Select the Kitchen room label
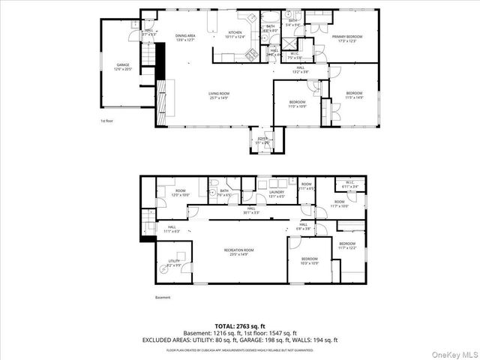tap(235, 34)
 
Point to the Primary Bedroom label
tap(347, 37)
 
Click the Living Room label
tap(220, 95)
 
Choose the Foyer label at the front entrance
tap(262, 140)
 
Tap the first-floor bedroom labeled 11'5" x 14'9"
tap(353, 95)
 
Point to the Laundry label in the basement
tap(277, 194)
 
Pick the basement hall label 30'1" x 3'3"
tap(250, 211)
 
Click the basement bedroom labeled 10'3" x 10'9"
tap(309, 261)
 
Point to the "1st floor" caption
tap(106, 120)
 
